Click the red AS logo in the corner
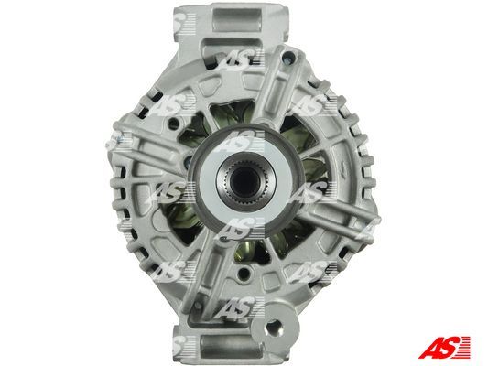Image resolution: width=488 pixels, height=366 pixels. click(444, 348)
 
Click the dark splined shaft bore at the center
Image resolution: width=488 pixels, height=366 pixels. click(244, 180)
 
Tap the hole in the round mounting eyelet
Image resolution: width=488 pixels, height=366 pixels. click(274, 328)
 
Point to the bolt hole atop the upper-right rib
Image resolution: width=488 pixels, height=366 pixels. click(288, 57)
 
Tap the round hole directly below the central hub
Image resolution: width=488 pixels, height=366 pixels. click(244, 273)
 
